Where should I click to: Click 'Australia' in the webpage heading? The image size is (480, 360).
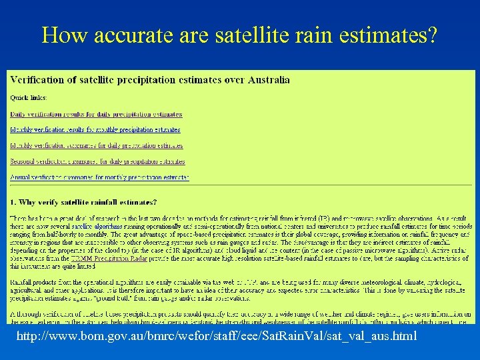click(x=267, y=80)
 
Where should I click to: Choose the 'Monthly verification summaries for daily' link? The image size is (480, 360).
click(x=97, y=145)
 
